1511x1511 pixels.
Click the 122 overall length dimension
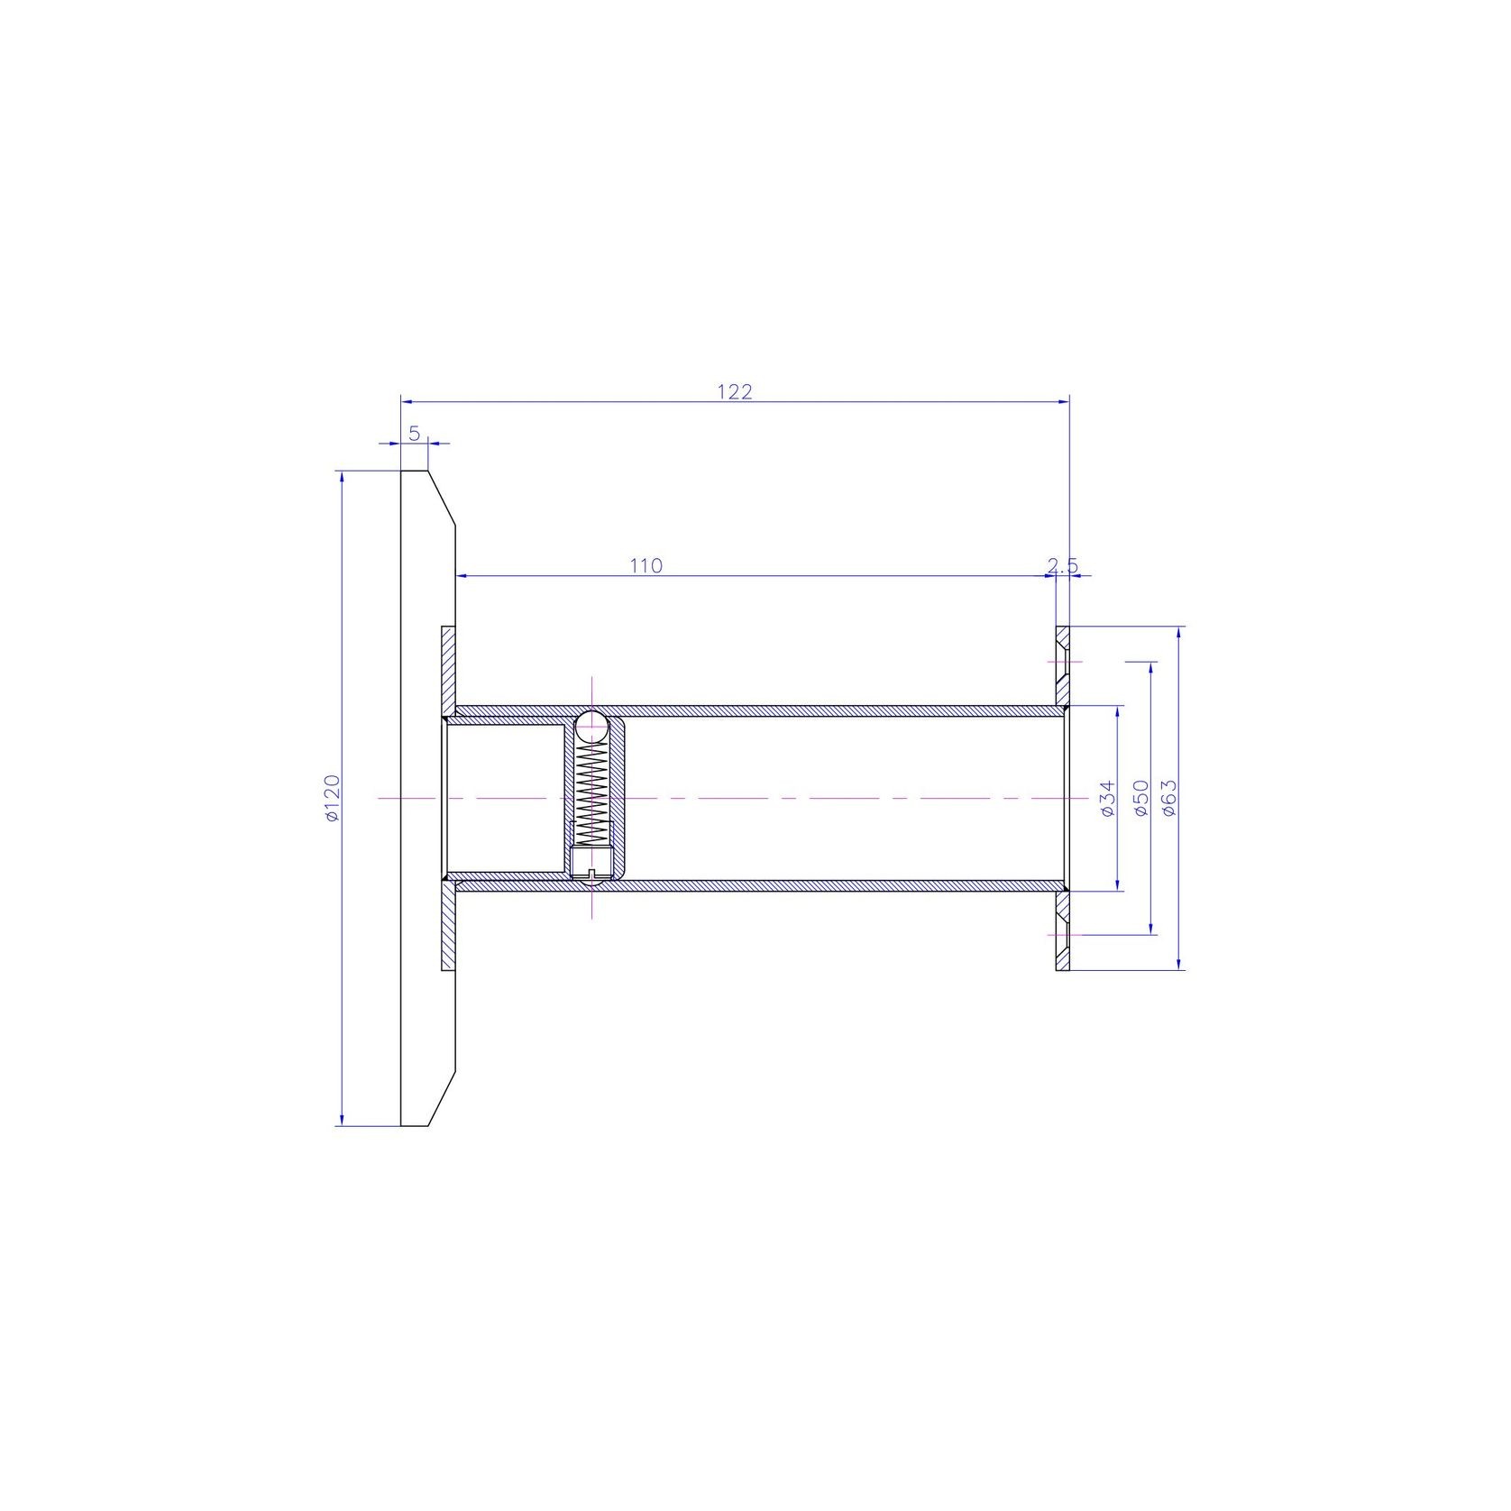point(735,391)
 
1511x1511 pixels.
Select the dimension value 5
point(415,433)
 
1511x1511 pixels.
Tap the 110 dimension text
point(646,565)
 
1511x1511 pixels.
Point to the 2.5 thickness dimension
point(1063,565)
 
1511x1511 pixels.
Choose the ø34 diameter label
point(1109,798)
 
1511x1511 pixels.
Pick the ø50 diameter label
point(1140,798)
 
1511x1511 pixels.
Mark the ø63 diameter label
point(1170,798)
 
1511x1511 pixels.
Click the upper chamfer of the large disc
point(442,498)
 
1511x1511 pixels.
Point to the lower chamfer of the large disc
point(442,1098)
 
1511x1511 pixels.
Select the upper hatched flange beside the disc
point(449,667)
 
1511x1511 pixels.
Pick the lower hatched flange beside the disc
point(449,929)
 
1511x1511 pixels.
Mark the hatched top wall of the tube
point(811,710)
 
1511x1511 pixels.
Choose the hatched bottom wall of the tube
point(811,885)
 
